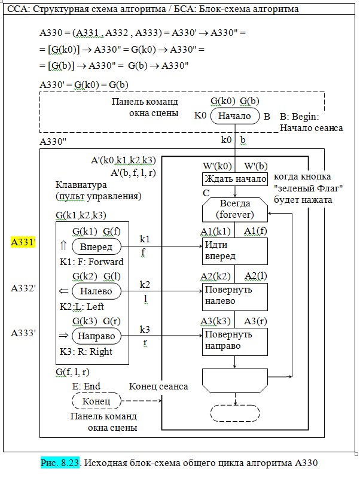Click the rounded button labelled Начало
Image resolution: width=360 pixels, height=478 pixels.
[234, 115]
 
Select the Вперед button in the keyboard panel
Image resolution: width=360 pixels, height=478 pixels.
[96, 246]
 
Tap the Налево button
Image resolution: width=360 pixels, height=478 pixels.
[96, 291]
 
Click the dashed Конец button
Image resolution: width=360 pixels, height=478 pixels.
[96, 401]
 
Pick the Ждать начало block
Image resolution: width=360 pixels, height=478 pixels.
[234, 179]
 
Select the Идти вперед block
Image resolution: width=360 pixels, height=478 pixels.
[234, 251]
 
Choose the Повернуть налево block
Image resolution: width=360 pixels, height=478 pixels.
[234, 295]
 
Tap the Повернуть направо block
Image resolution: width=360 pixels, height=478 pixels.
[234, 339]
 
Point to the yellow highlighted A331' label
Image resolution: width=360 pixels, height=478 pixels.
[24, 242]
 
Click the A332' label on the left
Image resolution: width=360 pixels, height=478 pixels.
[24, 288]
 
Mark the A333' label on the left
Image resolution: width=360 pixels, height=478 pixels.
[24, 333]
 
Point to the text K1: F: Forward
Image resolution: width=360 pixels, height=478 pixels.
[91, 261]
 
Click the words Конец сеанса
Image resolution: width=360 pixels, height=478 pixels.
[158, 386]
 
